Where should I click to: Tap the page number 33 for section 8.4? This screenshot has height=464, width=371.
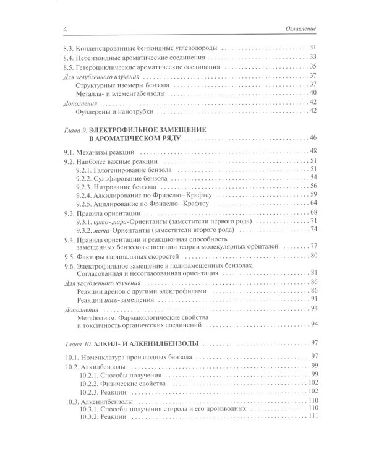(313, 57)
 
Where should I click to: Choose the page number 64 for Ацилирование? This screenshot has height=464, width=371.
(313, 204)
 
